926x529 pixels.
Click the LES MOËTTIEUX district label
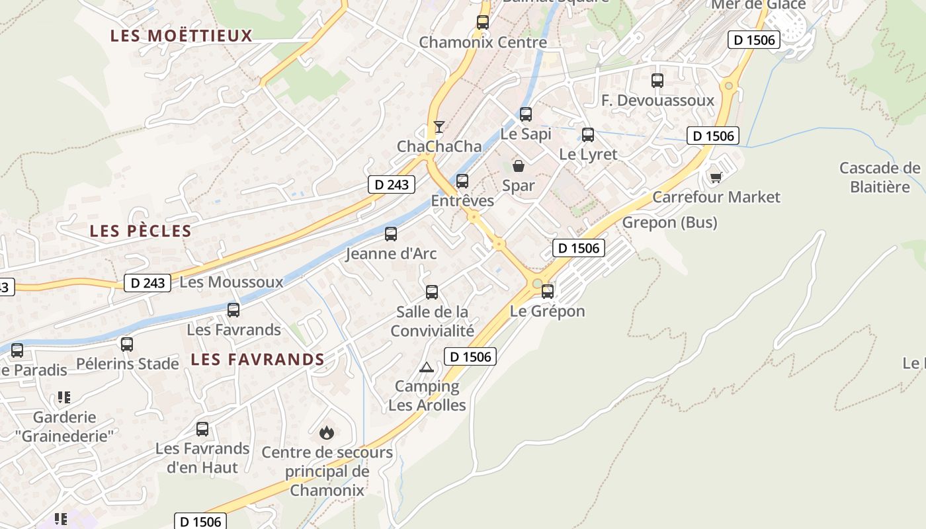(x=181, y=36)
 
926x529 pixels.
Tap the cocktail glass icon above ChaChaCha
(x=439, y=126)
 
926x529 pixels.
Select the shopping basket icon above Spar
(x=519, y=165)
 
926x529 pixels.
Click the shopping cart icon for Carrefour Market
(x=716, y=177)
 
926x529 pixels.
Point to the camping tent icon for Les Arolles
(x=427, y=367)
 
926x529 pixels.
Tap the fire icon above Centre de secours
(x=326, y=432)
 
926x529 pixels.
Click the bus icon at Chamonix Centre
(x=483, y=22)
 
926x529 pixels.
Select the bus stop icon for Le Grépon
(x=548, y=291)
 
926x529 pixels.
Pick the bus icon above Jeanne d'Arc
(x=391, y=233)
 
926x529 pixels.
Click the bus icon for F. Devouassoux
(x=657, y=81)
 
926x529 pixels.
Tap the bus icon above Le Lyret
(x=588, y=135)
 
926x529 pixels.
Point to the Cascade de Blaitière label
(x=880, y=177)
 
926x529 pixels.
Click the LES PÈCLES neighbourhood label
(x=140, y=231)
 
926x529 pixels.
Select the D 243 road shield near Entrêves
(x=392, y=184)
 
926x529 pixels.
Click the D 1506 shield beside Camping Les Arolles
(x=470, y=357)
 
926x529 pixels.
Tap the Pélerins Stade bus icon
(x=127, y=344)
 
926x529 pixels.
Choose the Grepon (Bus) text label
(x=669, y=222)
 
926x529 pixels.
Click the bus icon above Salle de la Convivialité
(x=432, y=292)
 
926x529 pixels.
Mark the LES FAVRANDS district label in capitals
(x=257, y=360)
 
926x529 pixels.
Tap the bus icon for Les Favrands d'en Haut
(x=202, y=428)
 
